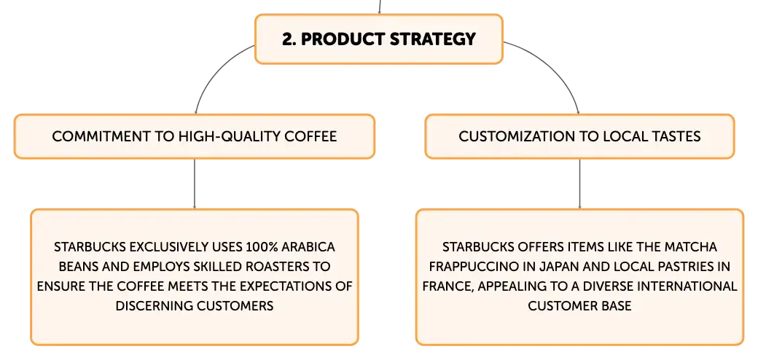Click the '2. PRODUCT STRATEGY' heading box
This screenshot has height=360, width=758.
pyautogui.click(x=378, y=39)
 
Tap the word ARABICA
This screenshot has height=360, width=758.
pyautogui.click(x=309, y=247)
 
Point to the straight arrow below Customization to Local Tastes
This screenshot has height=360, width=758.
pyautogui.click(x=579, y=184)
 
